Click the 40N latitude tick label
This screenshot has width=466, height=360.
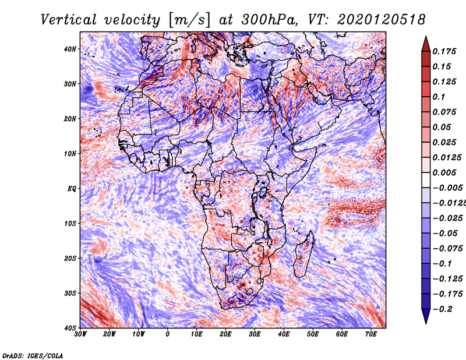(x=70, y=49)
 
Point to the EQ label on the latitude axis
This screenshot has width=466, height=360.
(x=72, y=189)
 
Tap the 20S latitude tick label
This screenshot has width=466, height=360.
(x=70, y=258)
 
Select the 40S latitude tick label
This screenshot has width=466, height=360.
(x=70, y=328)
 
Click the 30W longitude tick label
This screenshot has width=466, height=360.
(x=80, y=334)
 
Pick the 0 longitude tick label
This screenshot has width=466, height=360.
(x=168, y=334)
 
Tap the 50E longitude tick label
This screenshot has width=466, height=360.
(x=313, y=334)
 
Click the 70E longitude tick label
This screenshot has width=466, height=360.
(x=371, y=334)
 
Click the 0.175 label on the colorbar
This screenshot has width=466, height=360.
(x=444, y=51)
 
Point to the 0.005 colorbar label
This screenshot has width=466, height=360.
(x=444, y=172)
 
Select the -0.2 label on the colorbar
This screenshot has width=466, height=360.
(x=442, y=309)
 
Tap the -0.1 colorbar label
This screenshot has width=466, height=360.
(x=442, y=264)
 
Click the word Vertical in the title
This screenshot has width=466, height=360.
(x=69, y=20)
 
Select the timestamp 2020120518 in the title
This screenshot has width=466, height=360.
(x=382, y=20)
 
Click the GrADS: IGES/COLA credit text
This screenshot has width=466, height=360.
(x=33, y=355)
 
